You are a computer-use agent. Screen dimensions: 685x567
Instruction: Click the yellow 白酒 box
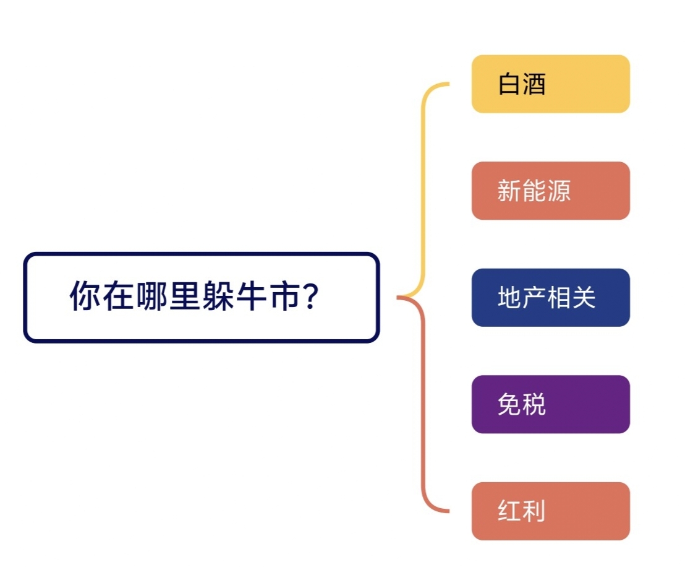coord(550,84)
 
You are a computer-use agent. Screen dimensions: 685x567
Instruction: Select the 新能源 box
coord(550,191)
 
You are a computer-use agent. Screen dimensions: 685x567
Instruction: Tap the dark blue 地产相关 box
coord(550,298)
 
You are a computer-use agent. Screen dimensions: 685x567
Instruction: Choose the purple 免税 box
coord(550,404)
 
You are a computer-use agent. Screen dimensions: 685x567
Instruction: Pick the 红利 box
coord(550,511)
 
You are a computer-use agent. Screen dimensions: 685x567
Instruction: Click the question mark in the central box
coord(310,296)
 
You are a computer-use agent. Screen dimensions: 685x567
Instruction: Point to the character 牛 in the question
coord(252,296)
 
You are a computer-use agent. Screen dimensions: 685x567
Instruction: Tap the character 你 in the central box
coord(85,296)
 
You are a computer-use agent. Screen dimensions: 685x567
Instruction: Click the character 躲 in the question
coord(218,296)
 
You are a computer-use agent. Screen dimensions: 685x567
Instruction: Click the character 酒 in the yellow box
coord(534,84)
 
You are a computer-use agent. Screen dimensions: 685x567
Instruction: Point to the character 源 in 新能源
coord(559,191)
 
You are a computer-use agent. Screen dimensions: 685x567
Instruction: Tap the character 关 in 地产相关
coord(584,298)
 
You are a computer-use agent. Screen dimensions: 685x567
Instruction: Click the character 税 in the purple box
coord(534,404)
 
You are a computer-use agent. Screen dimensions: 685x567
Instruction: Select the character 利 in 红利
coord(534,511)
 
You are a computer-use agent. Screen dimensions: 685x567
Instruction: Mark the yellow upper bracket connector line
coord(423,188)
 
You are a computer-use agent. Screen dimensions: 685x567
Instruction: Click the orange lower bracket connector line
coord(423,405)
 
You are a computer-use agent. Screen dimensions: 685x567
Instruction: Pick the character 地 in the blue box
coord(510,298)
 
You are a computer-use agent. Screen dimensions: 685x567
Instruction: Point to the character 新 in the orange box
coord(510,191)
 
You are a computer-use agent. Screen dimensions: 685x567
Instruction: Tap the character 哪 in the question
coord(152,296)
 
